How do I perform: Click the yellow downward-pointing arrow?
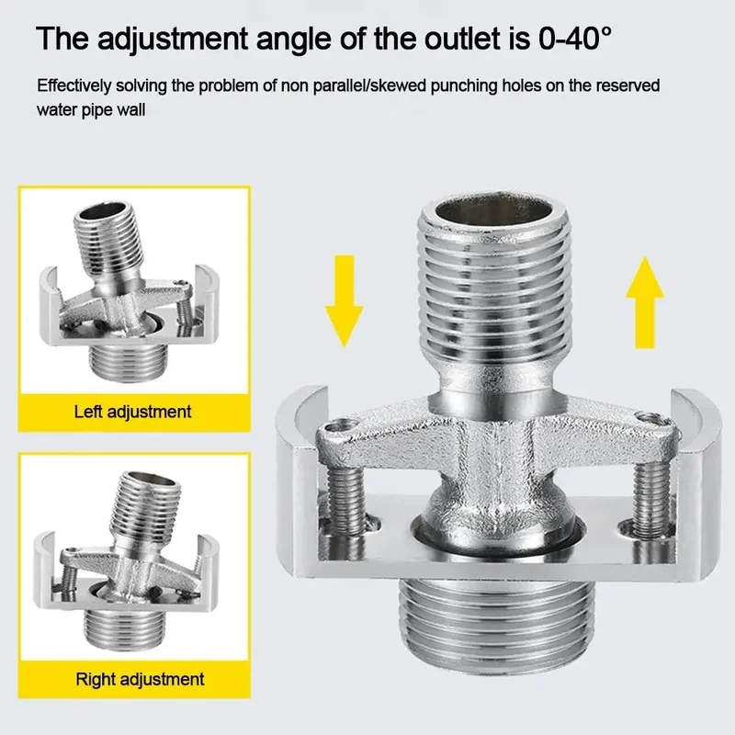click(x=344, y=300)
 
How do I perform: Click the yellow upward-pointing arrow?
click(x=645, y=302)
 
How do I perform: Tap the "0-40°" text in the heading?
click(x=575, y=39)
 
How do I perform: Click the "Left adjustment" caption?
click(x=132, y=412)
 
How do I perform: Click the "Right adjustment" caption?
click(x=140, y=679)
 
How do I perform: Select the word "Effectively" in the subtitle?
click(x=74, y=85)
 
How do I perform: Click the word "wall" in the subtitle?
click(x=131, y=110)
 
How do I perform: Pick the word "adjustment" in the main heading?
click(x=173, y=40)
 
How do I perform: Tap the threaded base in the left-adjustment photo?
click(x=128, y=361)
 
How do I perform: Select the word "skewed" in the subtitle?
click(x=398, y=85)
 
